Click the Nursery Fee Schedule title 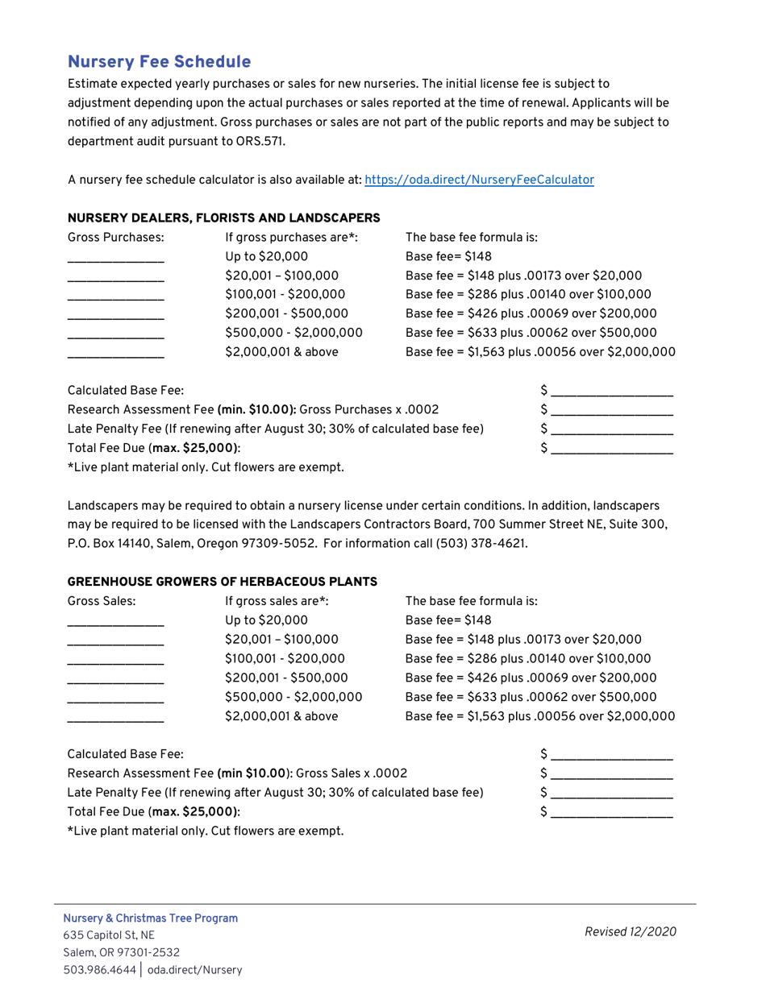click(x=159, y=62)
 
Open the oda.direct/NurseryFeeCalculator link click(x=479, y=180)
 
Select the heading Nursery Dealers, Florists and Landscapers click(x=223, y=218)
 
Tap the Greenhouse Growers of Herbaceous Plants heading click(x=222, y=581)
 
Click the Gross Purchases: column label click(x=115, y=238)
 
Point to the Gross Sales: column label click(x=102, y=600)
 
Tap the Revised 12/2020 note click(x=631, y=932)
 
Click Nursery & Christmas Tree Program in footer click(x=151, y=918)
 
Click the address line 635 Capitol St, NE click(x=109, y=935)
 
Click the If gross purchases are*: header click(x=291, y=238)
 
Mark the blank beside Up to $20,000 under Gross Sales click(x=115, y=621)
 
